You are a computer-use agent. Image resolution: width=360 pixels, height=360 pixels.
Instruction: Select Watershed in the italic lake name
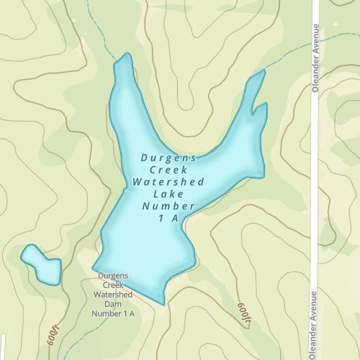click(x=168, y=181)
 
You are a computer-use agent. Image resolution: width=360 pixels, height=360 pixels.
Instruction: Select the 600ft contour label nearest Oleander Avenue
click(x=244, y=311)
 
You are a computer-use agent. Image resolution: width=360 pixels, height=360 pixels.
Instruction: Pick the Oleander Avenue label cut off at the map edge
click(x=315, y=328)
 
